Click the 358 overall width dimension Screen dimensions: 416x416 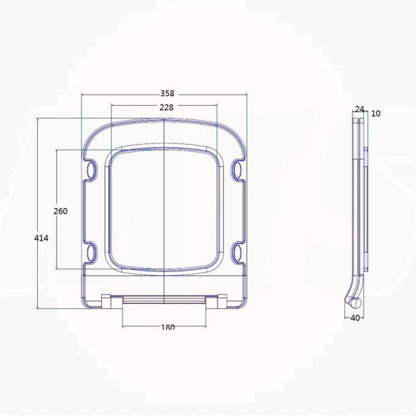point(166,93)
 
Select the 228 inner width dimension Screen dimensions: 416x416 point(166,108)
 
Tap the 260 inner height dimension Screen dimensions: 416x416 point(61,211)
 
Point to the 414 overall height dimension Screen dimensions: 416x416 point(41,237)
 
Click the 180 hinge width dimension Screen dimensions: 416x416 point(166,327)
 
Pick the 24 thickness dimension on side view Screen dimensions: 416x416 point(358,109)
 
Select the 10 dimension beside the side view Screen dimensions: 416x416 point(376,113)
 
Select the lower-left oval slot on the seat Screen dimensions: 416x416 point(91,250)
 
